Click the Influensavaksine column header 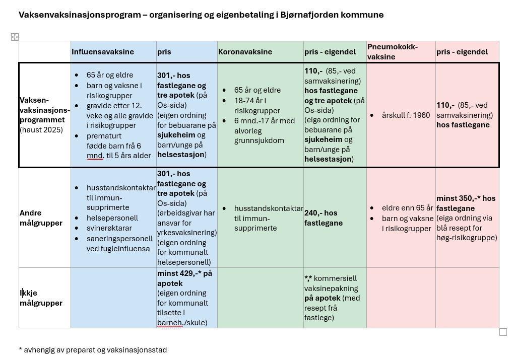pos(103,52)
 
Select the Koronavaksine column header pos(245,52)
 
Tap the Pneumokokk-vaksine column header pos(393,52)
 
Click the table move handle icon pos(15,37)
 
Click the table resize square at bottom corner pos(503,332)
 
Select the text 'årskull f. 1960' pos(406,115)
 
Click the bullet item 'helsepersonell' pos(112,218)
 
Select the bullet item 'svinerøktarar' pos(109,228)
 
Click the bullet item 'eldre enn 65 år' pos(407,208)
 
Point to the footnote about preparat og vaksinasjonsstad pos(93,350)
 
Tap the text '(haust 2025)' pos(41,130)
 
